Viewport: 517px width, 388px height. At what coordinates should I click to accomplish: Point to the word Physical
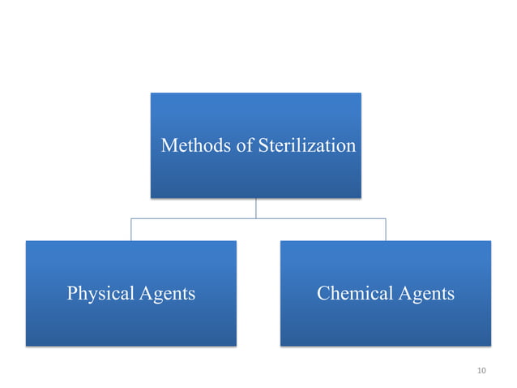pos(97,294)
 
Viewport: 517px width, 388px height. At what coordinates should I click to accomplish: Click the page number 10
pos(481,371)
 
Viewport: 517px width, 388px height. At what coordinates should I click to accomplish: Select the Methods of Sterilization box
pos(255,175)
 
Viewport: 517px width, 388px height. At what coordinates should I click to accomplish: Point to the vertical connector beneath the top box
pos(256,208)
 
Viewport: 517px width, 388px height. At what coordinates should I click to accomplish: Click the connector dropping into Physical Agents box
pos(131,229)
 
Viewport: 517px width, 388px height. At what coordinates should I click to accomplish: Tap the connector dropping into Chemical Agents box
pos(386,229)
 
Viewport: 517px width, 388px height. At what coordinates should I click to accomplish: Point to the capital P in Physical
pos(71,294)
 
